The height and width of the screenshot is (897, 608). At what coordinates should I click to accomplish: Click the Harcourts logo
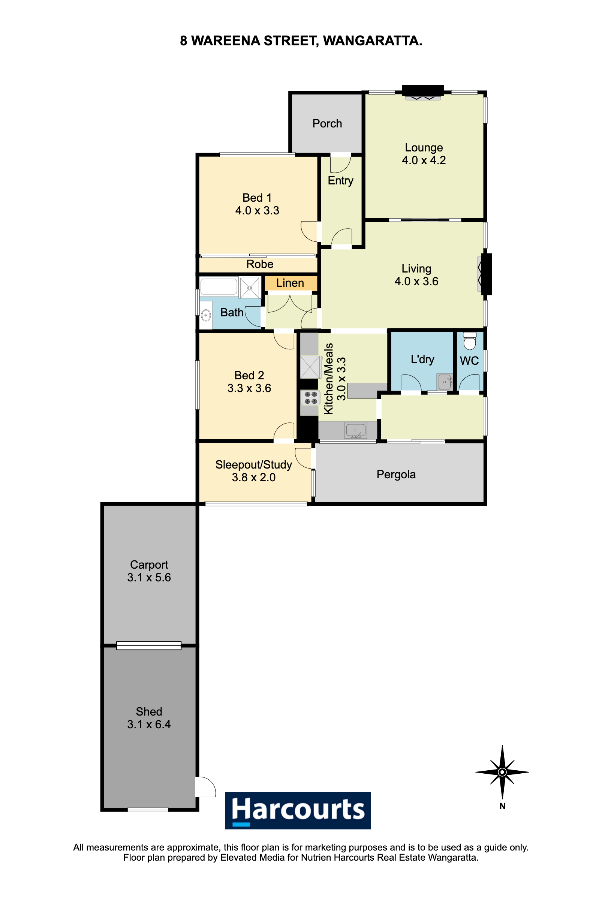point(298,810)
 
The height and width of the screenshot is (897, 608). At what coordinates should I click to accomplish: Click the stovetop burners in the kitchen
point(311,398)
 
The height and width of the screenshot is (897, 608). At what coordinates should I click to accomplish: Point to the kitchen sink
point(355,430)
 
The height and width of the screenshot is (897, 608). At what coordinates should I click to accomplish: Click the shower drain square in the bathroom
point(249,288)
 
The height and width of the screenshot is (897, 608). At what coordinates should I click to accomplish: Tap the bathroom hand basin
point(206,315)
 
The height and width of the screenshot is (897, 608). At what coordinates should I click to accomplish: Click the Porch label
point(327,124)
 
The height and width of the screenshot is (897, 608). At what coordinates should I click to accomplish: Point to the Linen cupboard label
point(290,283)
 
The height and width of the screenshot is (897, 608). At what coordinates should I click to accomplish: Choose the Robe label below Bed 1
point(260,264)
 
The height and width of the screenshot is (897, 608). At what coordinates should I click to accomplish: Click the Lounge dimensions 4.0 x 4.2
point(424,160)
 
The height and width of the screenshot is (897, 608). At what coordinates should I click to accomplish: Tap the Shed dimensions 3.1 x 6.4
point(149,724)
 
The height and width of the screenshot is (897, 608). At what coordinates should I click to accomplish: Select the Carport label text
point(149,565)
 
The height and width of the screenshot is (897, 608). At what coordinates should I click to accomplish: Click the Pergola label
point(396,474)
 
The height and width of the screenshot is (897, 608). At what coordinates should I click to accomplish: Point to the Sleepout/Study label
point(254,465)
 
